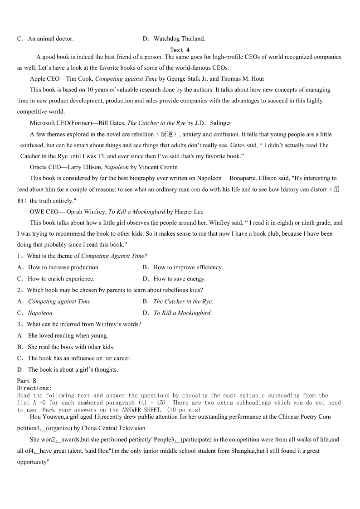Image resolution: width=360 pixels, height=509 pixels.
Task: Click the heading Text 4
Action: [180, 50]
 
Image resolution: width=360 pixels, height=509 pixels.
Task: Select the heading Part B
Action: [27, 381]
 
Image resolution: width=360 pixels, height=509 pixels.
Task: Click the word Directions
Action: [34, 388]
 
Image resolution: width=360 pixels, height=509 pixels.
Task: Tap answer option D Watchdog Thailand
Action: [174, 39]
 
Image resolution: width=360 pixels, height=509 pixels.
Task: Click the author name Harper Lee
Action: [192, 212]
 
